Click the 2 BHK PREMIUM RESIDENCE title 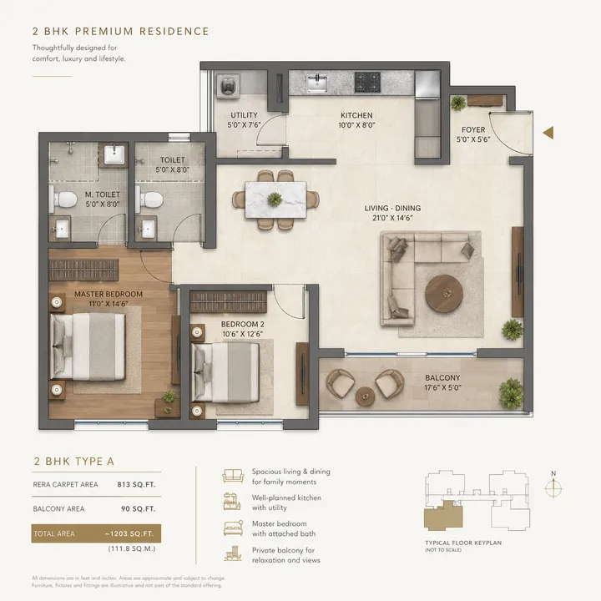pos(120,32)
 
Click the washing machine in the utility pos(228,84)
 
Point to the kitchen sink pos(317,83)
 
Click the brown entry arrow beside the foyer pos(548,132)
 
